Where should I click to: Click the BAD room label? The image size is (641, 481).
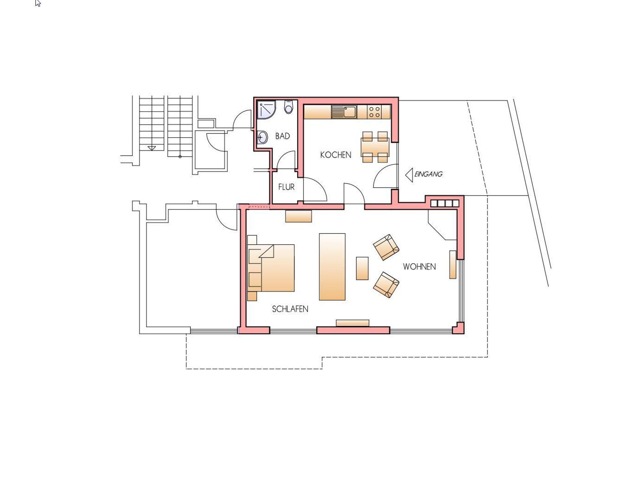(282, 136)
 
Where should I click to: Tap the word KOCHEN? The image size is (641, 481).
(336, 155)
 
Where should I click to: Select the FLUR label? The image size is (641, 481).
(286, 187)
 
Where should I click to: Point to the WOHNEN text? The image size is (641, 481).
(419, 267)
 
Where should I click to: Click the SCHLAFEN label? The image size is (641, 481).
(290, 309)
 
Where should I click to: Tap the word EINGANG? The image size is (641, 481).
(428, 174)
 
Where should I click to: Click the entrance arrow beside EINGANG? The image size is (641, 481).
(409, 175)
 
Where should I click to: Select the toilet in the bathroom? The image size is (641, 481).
(289, 107)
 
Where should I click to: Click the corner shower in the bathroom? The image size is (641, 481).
(266, 110)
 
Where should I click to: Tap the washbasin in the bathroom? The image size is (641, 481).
(262, 137)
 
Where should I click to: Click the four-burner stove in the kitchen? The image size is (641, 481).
(374, 112)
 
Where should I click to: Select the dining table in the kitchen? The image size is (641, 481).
(375, 147)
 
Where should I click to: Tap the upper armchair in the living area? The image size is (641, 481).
(386, 247)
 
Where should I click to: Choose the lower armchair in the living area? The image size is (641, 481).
(386, 285)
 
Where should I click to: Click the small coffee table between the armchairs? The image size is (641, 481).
(362, 268)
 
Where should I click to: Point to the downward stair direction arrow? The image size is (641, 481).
(152, 148)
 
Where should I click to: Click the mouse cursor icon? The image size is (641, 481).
(38, 3)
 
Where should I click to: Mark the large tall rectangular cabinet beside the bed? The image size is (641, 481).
(332, 267)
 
